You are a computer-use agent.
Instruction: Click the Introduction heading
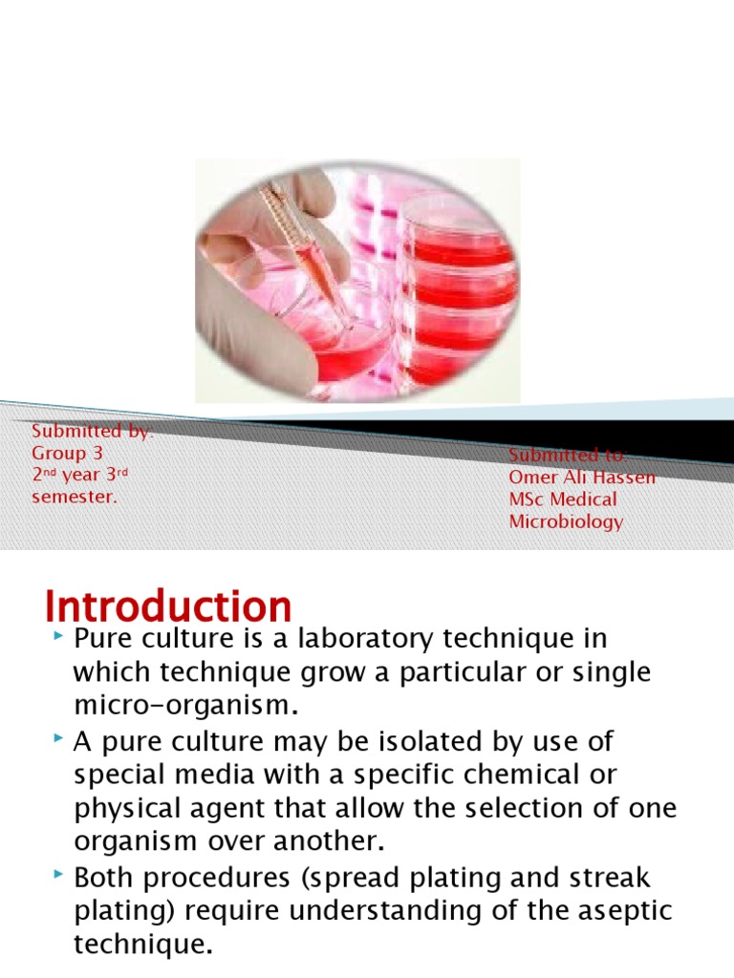pos(168,607)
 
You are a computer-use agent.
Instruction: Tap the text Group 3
pos(67,453)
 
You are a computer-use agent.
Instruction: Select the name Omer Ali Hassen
pos(581,477)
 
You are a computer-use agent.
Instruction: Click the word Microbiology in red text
pos(566,521)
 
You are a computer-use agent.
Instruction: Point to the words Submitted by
pos(92,432)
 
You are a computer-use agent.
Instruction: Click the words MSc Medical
pos(563,500)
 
